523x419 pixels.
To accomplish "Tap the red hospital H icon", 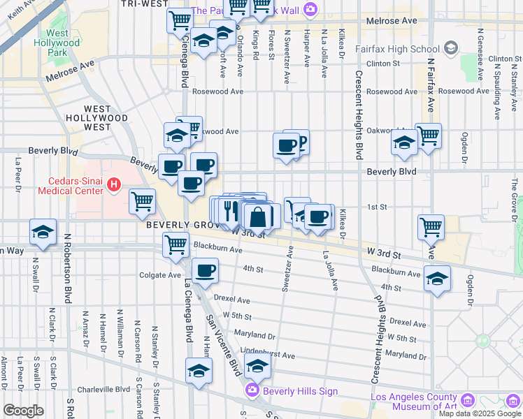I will [x=115, y=185].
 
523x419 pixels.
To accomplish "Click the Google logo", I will [x=23, y=411].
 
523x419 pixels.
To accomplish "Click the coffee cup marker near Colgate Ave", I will [x=204, y=270].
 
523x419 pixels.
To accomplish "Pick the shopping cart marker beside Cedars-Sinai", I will [x=143, y=201].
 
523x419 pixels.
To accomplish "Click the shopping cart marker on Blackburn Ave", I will [x=175, y=244].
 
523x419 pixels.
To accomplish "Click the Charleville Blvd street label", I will [x=104, y=390].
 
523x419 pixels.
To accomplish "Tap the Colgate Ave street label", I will [x=160, y=275].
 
